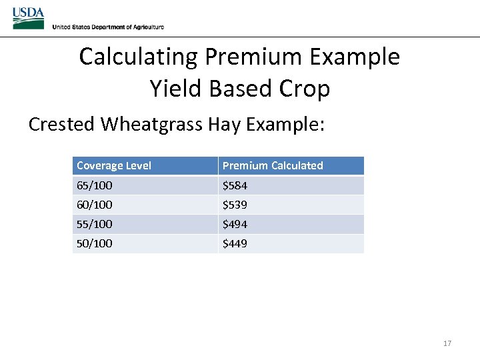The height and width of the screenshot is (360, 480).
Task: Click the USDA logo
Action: pyautogui.click(x=28, y=18)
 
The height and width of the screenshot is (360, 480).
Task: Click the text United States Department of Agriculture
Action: pyautogui.click(x=108, y=27)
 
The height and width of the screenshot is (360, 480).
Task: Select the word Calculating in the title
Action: pyautogui.click(x=139, y=57)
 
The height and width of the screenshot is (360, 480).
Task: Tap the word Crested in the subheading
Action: pyautogui.click(x=62, y=125)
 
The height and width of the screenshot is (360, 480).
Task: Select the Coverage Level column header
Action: pyautogui.click(x=114, y=165)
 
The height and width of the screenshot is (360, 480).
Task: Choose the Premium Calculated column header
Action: pyautogui.click(x=273, y=165)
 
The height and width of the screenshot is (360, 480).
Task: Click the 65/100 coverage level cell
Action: pyautogui.click(x=95, y=185)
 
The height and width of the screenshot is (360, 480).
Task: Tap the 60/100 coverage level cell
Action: pyautogui.click(x=95, y=205)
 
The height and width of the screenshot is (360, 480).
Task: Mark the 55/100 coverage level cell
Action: pyautogui.click(x=95, y=224)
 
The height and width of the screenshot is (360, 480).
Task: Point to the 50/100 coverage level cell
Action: pyautogui.click(x=95, y=243)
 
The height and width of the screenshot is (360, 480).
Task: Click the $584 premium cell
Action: pyautogui.click(x=235, y=185)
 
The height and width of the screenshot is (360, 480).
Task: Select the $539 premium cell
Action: pyautogui.click(x=235, y=205)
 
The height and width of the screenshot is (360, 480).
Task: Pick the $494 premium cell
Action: pyautogui.click(x=235, y=224)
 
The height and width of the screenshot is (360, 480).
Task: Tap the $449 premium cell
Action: pyautogui.click(x=235, y=243)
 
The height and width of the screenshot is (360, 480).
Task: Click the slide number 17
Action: pyautogui.click(x=447, y=343)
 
